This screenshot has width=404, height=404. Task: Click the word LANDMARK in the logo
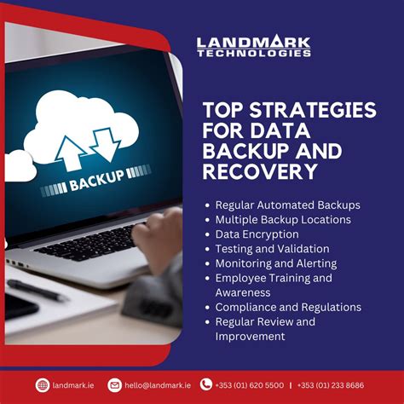coord(253,42)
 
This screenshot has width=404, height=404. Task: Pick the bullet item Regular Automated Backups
coord(287,205)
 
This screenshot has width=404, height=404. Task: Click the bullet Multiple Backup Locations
coord(283,219)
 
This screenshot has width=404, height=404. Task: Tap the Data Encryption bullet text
coord(257,234)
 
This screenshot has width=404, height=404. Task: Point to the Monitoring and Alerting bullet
coord(275,263)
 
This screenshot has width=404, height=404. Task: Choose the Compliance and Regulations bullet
coord(288,307)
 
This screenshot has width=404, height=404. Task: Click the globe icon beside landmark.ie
coord(43,385)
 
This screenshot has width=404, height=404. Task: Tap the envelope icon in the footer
coord(115,385)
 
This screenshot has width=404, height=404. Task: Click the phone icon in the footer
coord(206,384)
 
